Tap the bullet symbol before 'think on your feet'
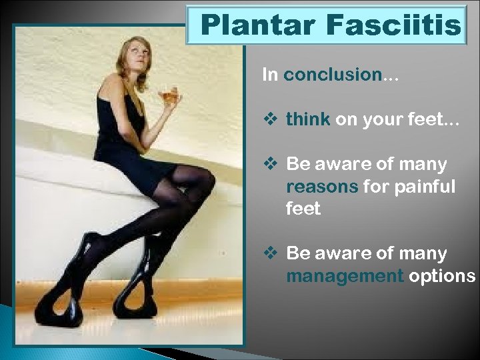[x=271, y=120]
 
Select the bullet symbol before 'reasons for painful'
[x=271, y=164]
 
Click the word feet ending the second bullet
[x=303, y=209]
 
